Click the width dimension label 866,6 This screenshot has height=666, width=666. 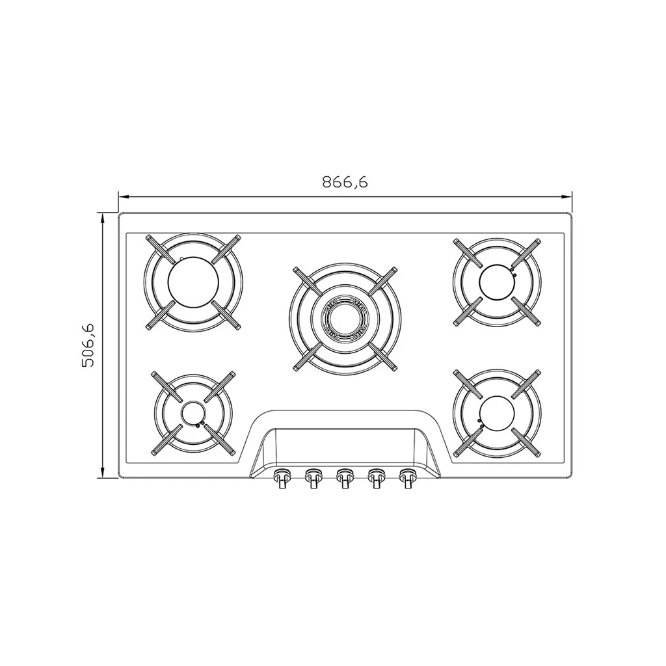(345, 182)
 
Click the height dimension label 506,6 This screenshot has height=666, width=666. (88, 345)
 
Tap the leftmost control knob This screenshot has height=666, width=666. (282, 478)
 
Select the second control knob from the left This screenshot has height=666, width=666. (313, 478)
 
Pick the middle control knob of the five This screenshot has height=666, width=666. (345, 478)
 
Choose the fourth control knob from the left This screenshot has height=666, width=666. (376, 478)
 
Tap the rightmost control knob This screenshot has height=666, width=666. (407, 478)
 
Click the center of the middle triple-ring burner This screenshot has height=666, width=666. (345, 319)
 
